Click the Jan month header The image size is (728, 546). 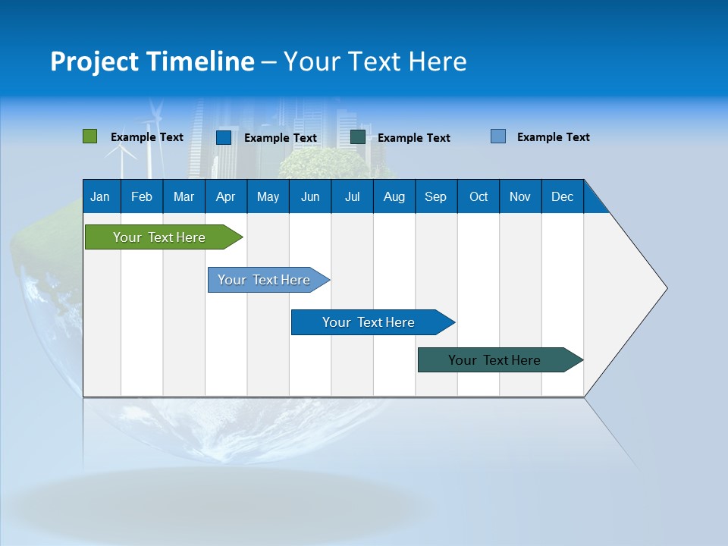(x=101, y=196)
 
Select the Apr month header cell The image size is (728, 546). (x=226, y=196)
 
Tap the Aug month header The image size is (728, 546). (x=394, y=196)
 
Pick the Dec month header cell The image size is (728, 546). (x=563, y=196)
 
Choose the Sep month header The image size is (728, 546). (x=436, y=196)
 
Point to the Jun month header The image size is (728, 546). (x=310, y=196)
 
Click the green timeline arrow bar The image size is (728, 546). (x=159, y=237)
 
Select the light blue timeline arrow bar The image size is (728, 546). (x=264, y=280)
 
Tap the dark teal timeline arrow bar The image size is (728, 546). (x=494, y=360)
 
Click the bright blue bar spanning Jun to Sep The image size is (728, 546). (x=369, y=322)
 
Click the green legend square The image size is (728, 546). (x=89, y=136)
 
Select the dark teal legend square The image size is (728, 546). (x=358, y=137)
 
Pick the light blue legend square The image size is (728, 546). (x=498, y=136)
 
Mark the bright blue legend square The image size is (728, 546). (x=224, y=137)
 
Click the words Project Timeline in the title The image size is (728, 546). (x=152, y=61)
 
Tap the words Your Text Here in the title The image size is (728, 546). (x=375, y=61)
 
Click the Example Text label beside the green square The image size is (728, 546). (x=147, y=137)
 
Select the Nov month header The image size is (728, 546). (x=520, y=196)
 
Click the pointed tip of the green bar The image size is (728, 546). (x=240, y=237)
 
